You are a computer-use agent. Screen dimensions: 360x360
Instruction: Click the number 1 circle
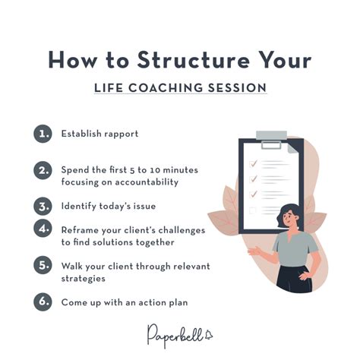43,134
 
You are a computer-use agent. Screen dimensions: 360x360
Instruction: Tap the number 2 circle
43,170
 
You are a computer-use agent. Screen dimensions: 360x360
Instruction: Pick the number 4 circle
43,229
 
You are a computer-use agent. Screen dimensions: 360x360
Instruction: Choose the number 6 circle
43,302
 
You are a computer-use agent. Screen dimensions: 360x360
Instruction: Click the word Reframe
81,229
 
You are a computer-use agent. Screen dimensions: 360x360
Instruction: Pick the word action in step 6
144,302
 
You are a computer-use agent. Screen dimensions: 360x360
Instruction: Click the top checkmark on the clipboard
254,162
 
